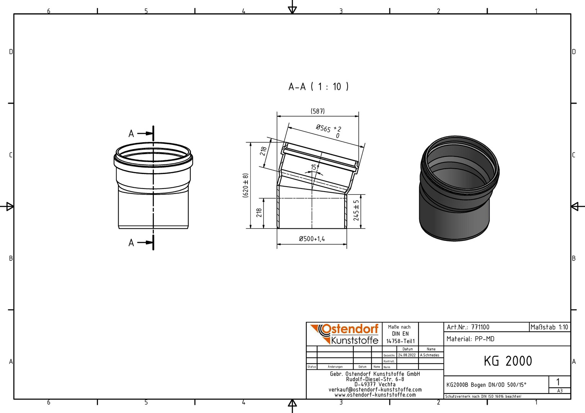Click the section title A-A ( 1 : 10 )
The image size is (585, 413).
(319, 87)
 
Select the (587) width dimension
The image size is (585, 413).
(317, 111)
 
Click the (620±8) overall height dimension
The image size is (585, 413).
(245, 185)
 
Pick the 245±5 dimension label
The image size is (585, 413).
(356, 210)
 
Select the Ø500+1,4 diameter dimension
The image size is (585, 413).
(312, 239)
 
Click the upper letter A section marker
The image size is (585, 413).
(131, 134)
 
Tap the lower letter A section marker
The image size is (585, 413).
(131, 243)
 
